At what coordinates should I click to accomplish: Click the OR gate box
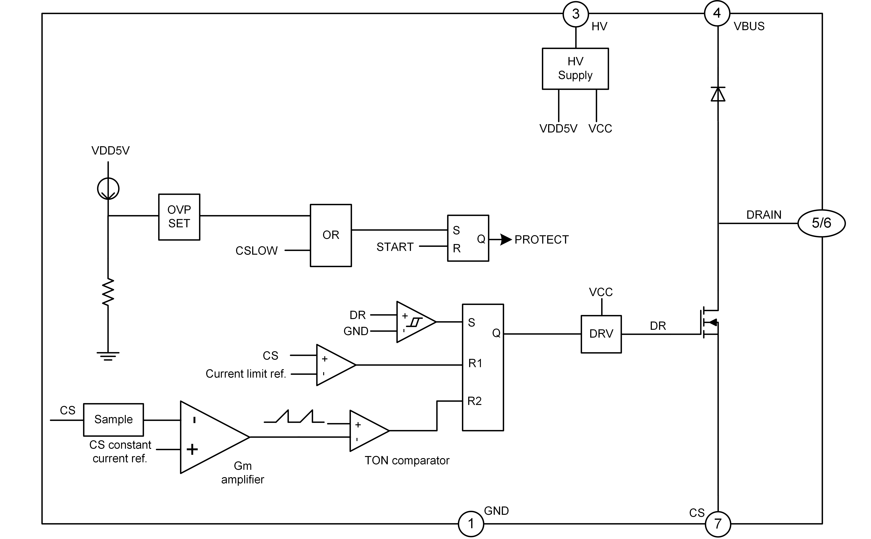coord(331,235)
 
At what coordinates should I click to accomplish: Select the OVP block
coord(179,217)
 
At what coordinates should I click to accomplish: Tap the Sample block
coord(113,420)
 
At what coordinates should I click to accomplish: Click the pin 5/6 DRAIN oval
coord(821,223)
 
